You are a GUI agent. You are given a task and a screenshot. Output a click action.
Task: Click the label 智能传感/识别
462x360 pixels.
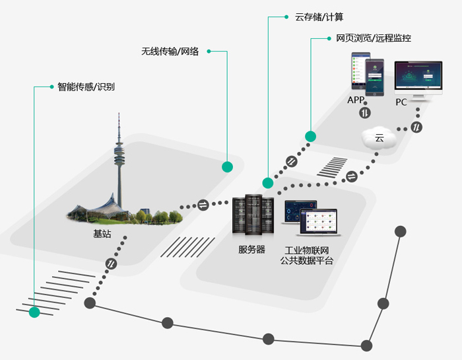(86, 87)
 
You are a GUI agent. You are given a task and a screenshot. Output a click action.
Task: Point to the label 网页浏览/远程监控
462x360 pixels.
(374, 39)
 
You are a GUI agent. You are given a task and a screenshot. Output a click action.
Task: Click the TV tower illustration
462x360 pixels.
(119, 165)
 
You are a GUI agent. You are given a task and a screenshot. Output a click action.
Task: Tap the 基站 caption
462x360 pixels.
(102, 234)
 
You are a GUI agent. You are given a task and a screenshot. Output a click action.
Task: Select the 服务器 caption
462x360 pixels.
(251, 250)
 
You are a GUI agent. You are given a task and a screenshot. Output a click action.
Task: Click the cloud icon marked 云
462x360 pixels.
(379, 137)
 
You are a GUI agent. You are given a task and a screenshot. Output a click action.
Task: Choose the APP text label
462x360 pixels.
(356, 100)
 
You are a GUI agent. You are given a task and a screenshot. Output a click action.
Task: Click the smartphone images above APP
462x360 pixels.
(366, 74)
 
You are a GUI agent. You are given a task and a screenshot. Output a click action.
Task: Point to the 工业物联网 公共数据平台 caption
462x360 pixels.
(307, 256)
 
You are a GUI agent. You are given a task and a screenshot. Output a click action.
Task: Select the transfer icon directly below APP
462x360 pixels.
(365, 113)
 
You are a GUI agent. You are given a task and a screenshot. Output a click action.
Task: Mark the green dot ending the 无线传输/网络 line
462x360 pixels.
(227, 166)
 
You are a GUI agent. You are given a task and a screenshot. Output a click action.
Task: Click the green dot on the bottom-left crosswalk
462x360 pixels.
(34, 312)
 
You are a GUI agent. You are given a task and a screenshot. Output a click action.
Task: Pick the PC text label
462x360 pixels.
(401, 102)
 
